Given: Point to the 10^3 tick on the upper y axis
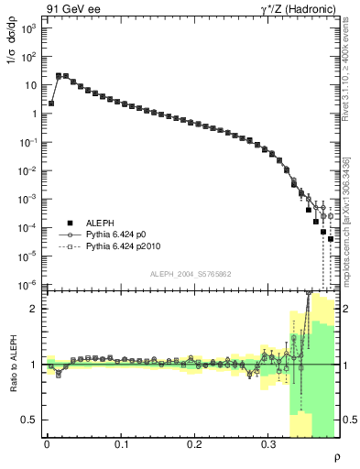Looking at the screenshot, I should pos(29,28).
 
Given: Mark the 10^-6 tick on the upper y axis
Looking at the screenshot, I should pos(29,284).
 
